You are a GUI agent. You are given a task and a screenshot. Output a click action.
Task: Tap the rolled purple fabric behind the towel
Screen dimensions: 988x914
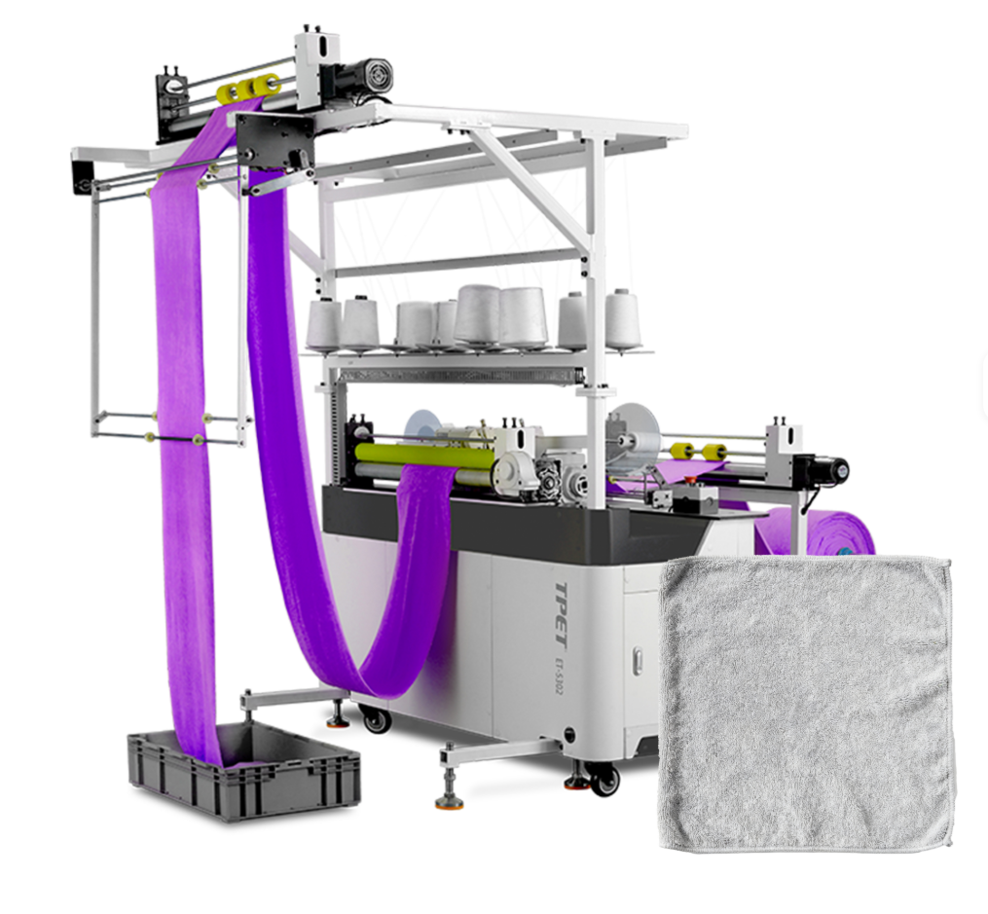click(x=820, y=532)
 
